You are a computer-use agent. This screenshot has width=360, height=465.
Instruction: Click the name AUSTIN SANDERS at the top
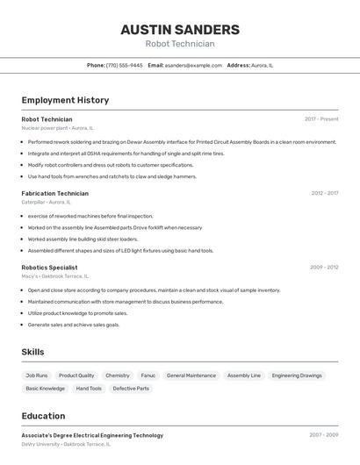click(x=179, y=29)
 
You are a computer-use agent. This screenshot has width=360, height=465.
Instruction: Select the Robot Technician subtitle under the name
click(x=179, y=44)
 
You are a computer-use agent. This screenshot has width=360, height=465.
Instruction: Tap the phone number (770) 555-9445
click(x=124, y=65)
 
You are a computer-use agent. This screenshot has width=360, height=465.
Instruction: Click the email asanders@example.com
click(x=193, y=65)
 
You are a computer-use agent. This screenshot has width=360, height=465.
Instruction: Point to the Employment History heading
click(x=65, y=100)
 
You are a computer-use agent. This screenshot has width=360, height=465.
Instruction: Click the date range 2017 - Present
click(x=321, y=119)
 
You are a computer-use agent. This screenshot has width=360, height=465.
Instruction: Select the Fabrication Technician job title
click(x=54, y=193)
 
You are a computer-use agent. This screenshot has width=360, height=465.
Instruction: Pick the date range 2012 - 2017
click(x=324, y=193)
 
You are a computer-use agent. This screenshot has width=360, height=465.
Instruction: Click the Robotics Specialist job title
click(x=49, y=267)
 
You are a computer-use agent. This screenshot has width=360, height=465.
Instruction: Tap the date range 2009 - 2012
click(x=324, y=267)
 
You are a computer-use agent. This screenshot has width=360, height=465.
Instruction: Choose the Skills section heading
click(x=32, y=352)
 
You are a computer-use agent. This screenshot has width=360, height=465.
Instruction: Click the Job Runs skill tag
click(x=37, y=376)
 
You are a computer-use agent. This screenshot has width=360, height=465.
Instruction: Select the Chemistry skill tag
click(x=118, y=376)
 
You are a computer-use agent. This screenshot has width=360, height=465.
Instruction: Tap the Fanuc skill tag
click(x=148, y=376)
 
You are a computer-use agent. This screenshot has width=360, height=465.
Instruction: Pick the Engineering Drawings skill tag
click(x=297, y=376)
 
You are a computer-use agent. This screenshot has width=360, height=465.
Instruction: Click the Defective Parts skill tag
click(x=131, y=388)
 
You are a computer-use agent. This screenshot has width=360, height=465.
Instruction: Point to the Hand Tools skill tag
click(x=89, y=388)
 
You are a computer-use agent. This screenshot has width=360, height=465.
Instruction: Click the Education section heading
click(x=43, y=416)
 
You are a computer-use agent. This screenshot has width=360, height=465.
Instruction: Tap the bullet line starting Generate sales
click(x=74, y=325)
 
